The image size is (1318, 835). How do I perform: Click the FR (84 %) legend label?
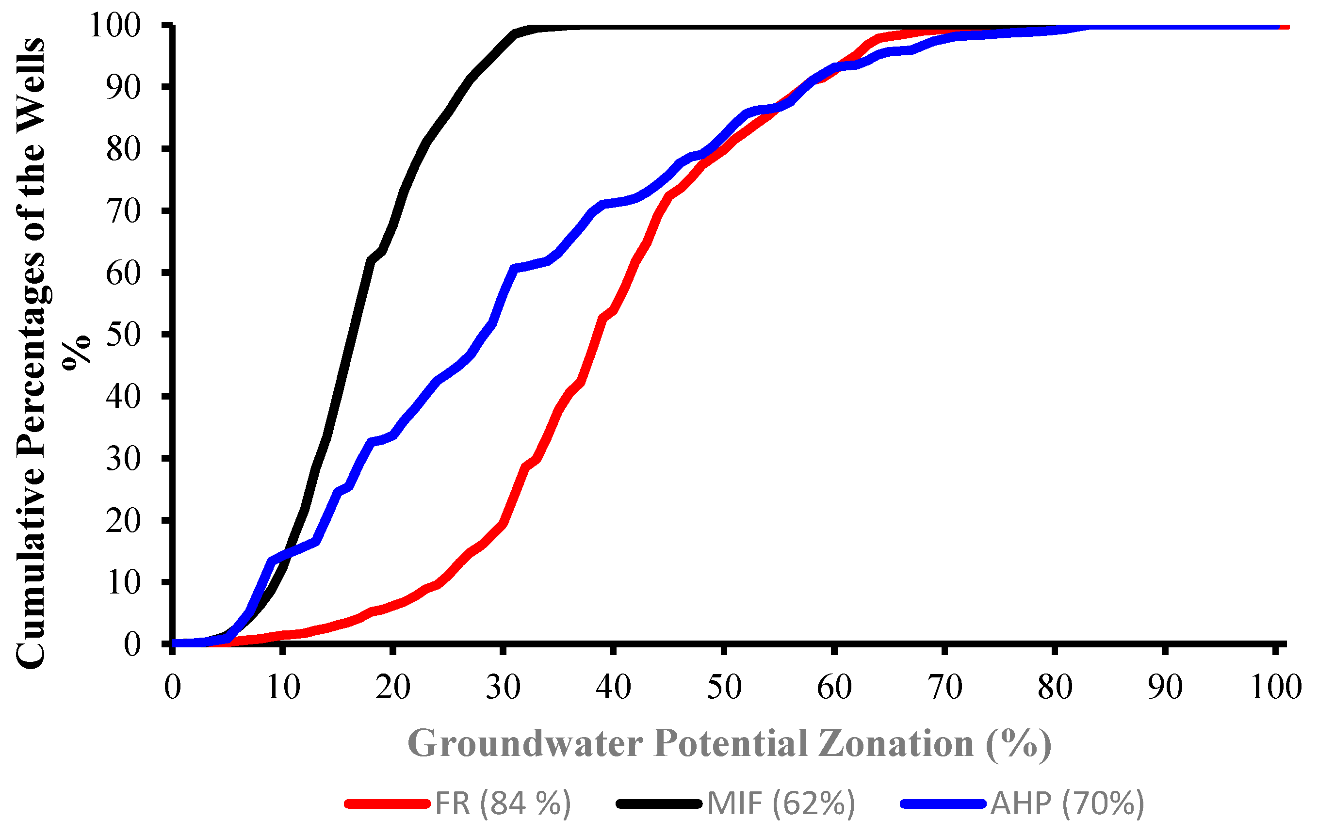[x=503, y=803]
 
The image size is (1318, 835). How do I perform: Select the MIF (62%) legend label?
[x=781, y=803]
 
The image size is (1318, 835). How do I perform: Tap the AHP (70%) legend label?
[x=1067, y=803]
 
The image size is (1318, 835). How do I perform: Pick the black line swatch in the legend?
[x=659, y=804]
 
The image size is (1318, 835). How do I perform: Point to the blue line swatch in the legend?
[x=944, y=804]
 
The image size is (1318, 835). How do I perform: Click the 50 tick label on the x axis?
[x=724, y=687]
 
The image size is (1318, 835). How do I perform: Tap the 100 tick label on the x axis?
[x=1276, y=687]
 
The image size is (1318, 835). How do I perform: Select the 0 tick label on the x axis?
[x=172, y=687]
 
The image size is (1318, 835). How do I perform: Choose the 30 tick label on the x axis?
[x=503, y=687]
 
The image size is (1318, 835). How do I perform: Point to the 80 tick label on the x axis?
[x=1055, y=687]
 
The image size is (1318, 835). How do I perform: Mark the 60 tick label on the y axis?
[x=124, y=273]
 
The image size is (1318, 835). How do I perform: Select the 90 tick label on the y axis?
[x=124, y=87]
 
